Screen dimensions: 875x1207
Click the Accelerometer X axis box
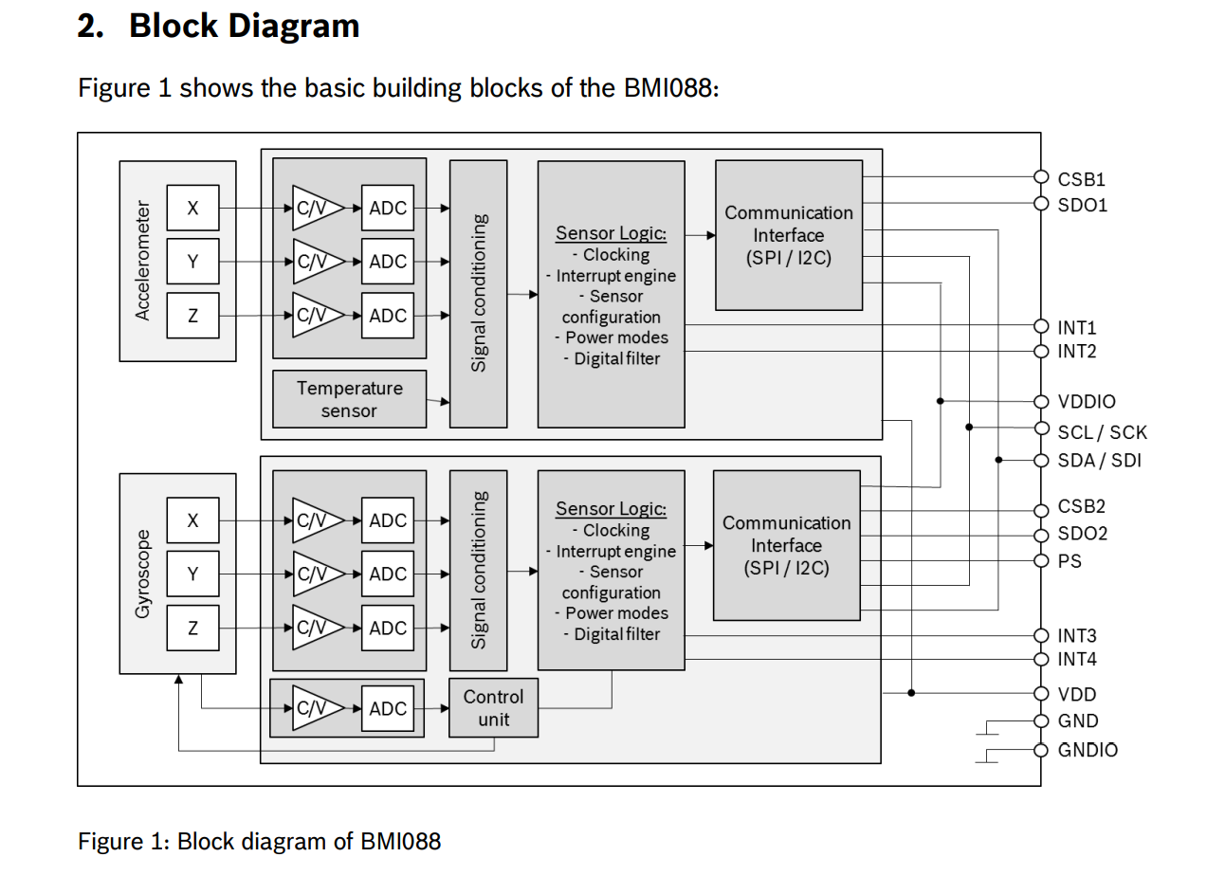(x=192, y=209)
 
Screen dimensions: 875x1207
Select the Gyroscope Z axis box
(x=192, y=628)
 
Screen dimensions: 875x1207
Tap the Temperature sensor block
(x=349, y=399)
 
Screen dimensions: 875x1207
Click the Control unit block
(x=493, y=708)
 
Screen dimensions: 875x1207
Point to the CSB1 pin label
(x=1082, y=179)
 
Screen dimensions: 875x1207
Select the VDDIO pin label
(x=1087, y=402)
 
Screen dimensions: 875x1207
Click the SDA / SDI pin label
(x=1100, y=461)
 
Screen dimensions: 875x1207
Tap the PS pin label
(x=1070, y=561)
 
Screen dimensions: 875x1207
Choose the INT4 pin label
(x=1077, y=660)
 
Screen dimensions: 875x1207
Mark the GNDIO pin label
(x=1088, y=750)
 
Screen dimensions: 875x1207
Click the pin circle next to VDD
(x=1041, y=693)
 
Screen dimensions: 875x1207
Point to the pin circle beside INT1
(x=1041, y=327)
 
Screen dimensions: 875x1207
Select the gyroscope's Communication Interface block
(x=786, y=546)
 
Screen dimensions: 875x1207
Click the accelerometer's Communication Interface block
(x=789, y=235)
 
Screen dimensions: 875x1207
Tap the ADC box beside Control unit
(x=388, y=708)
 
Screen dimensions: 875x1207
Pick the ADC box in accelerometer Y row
(x=388, y=262)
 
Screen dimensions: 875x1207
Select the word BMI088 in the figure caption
(x=400, y=841)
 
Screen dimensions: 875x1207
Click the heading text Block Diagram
(x=245, y=27)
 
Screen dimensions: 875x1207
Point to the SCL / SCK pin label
(x=1102, y=432)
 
